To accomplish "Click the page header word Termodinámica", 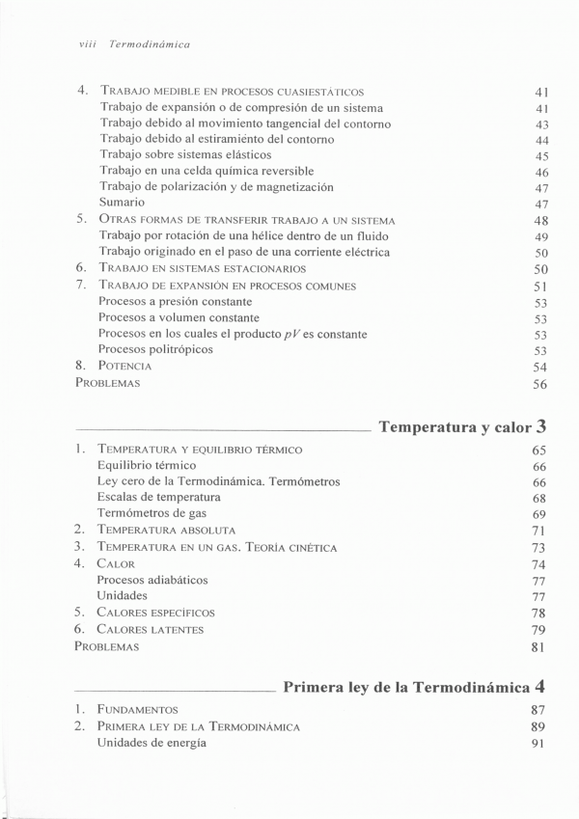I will (x=150, y=44).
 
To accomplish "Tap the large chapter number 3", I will (x=542, y=424).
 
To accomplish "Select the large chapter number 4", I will (x=542, y=687).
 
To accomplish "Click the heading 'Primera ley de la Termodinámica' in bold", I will (x=405, y=688).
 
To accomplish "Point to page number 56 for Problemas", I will (x=539, y=384).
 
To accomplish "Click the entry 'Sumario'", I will (x=122, y=203).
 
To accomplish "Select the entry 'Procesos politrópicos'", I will (x=155, y=350).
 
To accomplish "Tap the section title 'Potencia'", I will (x=124, y=367).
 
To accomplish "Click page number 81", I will (x=539, y=647).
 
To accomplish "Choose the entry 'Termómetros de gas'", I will (x=152, y=514).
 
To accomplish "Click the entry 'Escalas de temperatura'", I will (x=158, y=498).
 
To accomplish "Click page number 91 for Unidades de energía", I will (x=539, y=744).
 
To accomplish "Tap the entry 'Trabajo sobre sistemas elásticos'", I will (x=185, y=154).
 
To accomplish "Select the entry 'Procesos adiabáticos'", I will (x=152, y=580).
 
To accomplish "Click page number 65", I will (x=539, y=450).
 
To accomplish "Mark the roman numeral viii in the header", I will (x=87, y=44).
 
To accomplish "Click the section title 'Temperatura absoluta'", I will (x=166, y=531).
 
